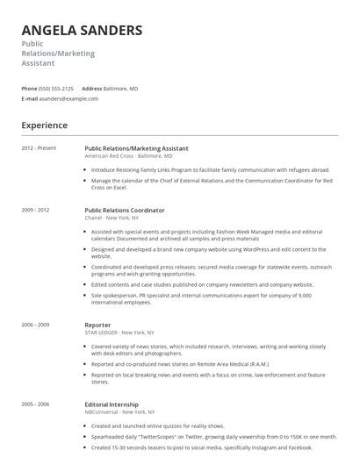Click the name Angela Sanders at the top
click(x=82, y=31)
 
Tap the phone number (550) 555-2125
click(x=57, y=89)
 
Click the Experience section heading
click(x=45, y=125)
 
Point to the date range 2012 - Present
click(x=39, y=148)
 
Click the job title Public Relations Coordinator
click(x=125, y=211)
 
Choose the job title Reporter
click(x=97, y=325)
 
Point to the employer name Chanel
click(x=95, y=218)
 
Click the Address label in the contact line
click(x=92, y=89)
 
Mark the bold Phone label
click(x=29, y=89)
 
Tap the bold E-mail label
click(x=29, y=99)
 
